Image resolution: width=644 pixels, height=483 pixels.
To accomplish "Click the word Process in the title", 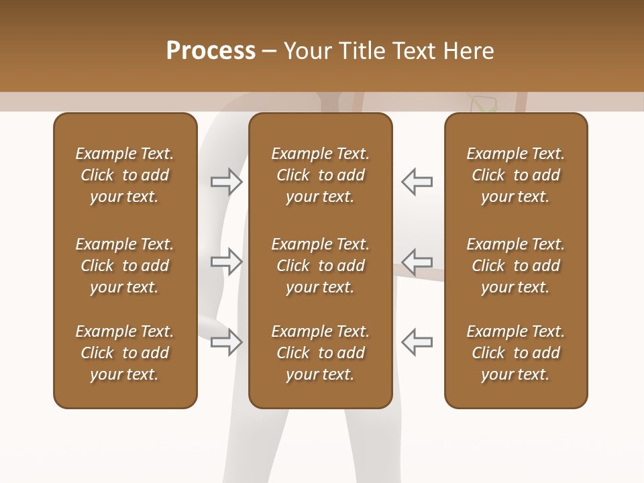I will point(211,51).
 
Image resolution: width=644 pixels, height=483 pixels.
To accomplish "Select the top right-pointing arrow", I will point(226,182).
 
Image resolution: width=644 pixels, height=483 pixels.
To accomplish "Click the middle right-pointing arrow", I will point(226,262).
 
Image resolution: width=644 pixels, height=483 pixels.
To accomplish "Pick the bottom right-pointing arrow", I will point(226,342).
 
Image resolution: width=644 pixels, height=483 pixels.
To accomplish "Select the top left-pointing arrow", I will point(417,182).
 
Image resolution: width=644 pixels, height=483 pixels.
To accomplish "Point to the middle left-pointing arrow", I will point(417,262).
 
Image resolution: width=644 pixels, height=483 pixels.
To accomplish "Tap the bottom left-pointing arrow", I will point(417,342).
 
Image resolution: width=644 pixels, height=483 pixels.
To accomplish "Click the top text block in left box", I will point(125,175).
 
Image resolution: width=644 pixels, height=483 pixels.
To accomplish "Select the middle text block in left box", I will point(125,266).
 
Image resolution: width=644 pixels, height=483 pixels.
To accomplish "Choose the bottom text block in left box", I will point(125,353).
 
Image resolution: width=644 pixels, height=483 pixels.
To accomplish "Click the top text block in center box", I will point(320,175).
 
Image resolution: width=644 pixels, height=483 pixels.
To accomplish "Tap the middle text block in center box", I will point(320,266).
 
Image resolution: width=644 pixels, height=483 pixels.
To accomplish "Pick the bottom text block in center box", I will point(320,353).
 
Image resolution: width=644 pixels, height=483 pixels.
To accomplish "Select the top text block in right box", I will point(516,175).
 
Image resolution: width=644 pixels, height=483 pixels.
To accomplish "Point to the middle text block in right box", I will point(516,266).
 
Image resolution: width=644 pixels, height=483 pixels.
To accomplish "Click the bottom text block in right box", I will point(516,353).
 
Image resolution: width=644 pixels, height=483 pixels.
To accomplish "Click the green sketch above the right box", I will point(484,104).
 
